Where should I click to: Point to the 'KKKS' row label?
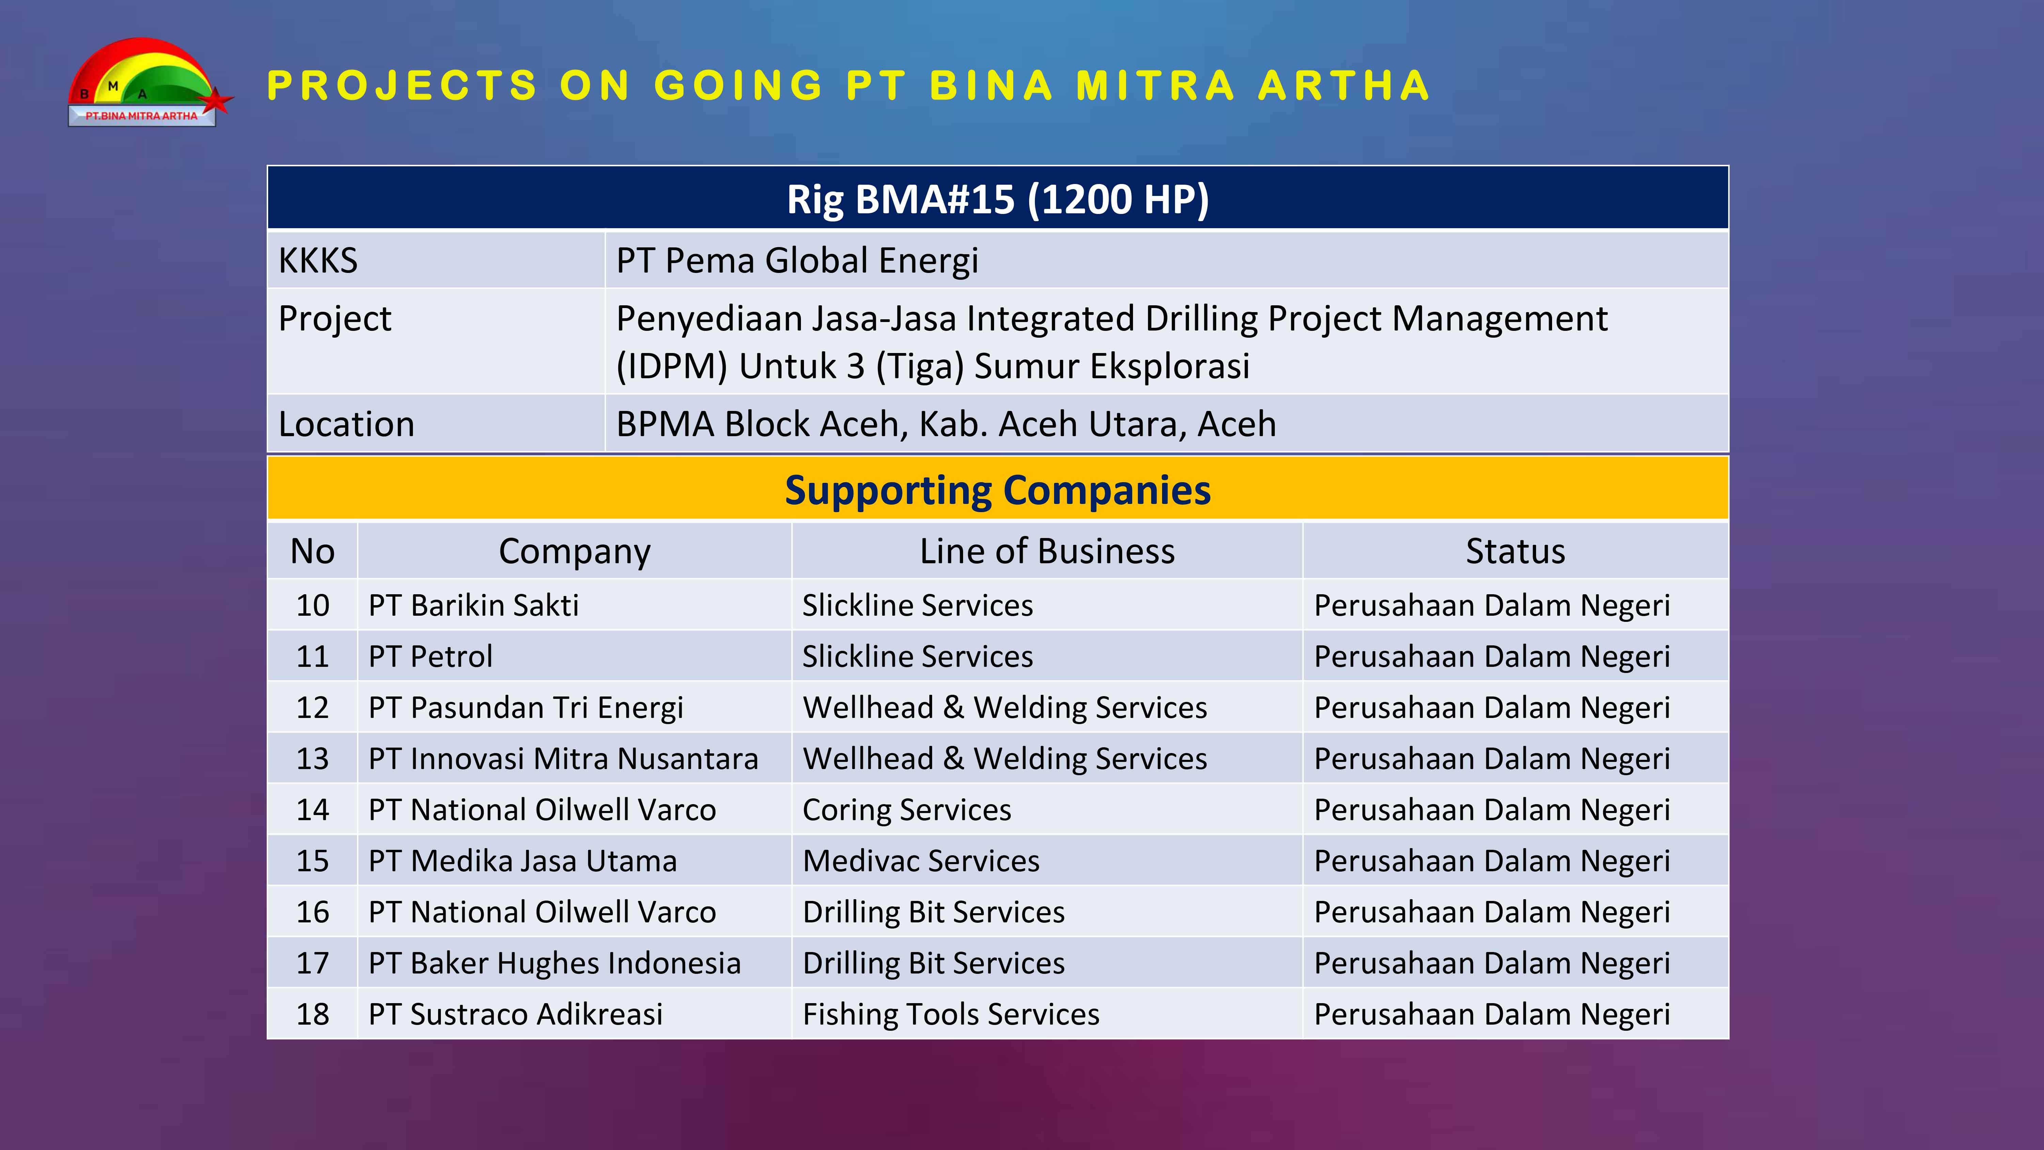coord(318,260)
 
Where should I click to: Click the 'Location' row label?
coord(347,424)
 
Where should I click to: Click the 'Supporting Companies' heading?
coord(997,490)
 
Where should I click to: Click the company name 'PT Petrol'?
coord(431,656)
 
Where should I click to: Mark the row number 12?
coord(313,707)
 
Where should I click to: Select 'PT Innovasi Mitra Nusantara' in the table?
coord(563,759)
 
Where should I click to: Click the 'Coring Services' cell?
coord(907,810)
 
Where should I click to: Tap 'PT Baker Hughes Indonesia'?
coord(555,963)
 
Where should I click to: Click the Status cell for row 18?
coord(1492,1014)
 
